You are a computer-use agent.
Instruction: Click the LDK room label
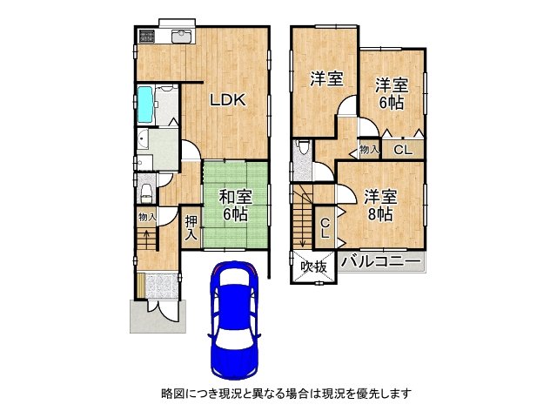tap(227, 100)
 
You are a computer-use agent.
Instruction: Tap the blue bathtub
tap(145, 104)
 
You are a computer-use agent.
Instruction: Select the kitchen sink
tap(182, 37)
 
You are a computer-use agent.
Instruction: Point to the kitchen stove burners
tap(147, 35)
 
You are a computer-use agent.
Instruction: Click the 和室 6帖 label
tap(236, 206)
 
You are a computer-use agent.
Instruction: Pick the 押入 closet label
tap(191, 228)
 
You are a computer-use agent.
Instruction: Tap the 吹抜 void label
tap(313, 266)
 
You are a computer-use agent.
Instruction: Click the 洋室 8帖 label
tap(380, 206)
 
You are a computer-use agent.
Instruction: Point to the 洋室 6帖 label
tap(392, 94)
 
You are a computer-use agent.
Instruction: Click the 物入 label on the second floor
tap(369, 149)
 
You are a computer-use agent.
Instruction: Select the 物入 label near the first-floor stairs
tap(147, 217)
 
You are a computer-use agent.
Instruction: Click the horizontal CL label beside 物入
tap(403, 150)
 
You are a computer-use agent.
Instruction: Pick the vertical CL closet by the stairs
tap(325, 228)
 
